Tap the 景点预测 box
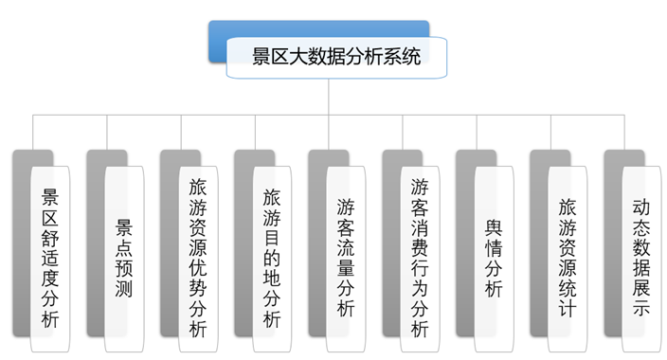124,256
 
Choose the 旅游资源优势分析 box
198,256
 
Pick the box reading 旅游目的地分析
272,256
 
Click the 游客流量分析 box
346,256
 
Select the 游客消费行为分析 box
420,256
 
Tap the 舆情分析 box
494,256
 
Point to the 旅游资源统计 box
568,256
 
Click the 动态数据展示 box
641,256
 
